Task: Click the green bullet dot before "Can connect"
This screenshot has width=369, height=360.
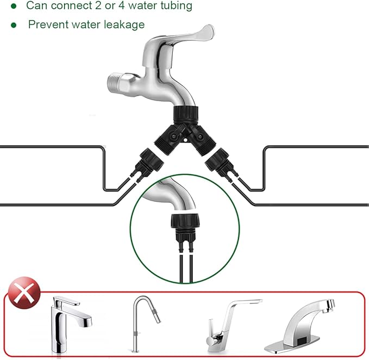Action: click(x=13, y=6)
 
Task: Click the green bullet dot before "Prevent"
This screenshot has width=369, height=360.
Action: click(x=13, y=25)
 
